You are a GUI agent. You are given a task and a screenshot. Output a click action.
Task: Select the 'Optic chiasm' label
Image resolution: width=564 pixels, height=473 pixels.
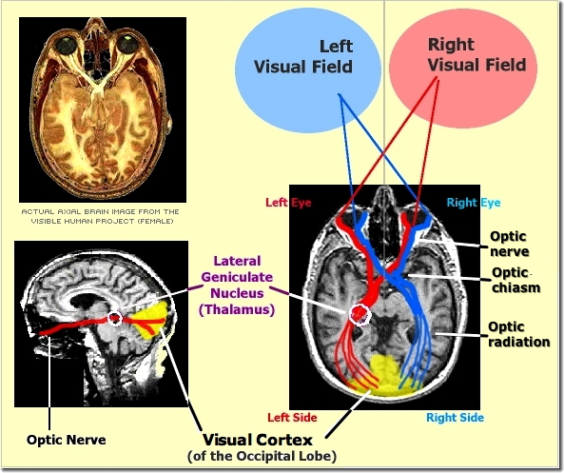click(x=515, y=280)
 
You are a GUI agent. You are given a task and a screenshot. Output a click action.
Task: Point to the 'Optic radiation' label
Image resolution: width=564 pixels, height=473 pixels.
click(x=518, y=334)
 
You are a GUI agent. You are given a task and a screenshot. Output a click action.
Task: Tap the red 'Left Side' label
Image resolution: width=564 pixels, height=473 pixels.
click(x=291, y=418)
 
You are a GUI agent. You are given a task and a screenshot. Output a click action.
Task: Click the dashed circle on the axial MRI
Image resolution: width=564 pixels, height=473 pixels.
click(x=361, y=313)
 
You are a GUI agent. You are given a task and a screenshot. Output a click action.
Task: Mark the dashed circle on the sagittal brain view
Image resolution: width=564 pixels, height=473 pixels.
click(x=115, y=319)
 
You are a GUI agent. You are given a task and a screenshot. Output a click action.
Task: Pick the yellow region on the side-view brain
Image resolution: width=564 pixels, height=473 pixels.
click(x=155, y=319)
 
